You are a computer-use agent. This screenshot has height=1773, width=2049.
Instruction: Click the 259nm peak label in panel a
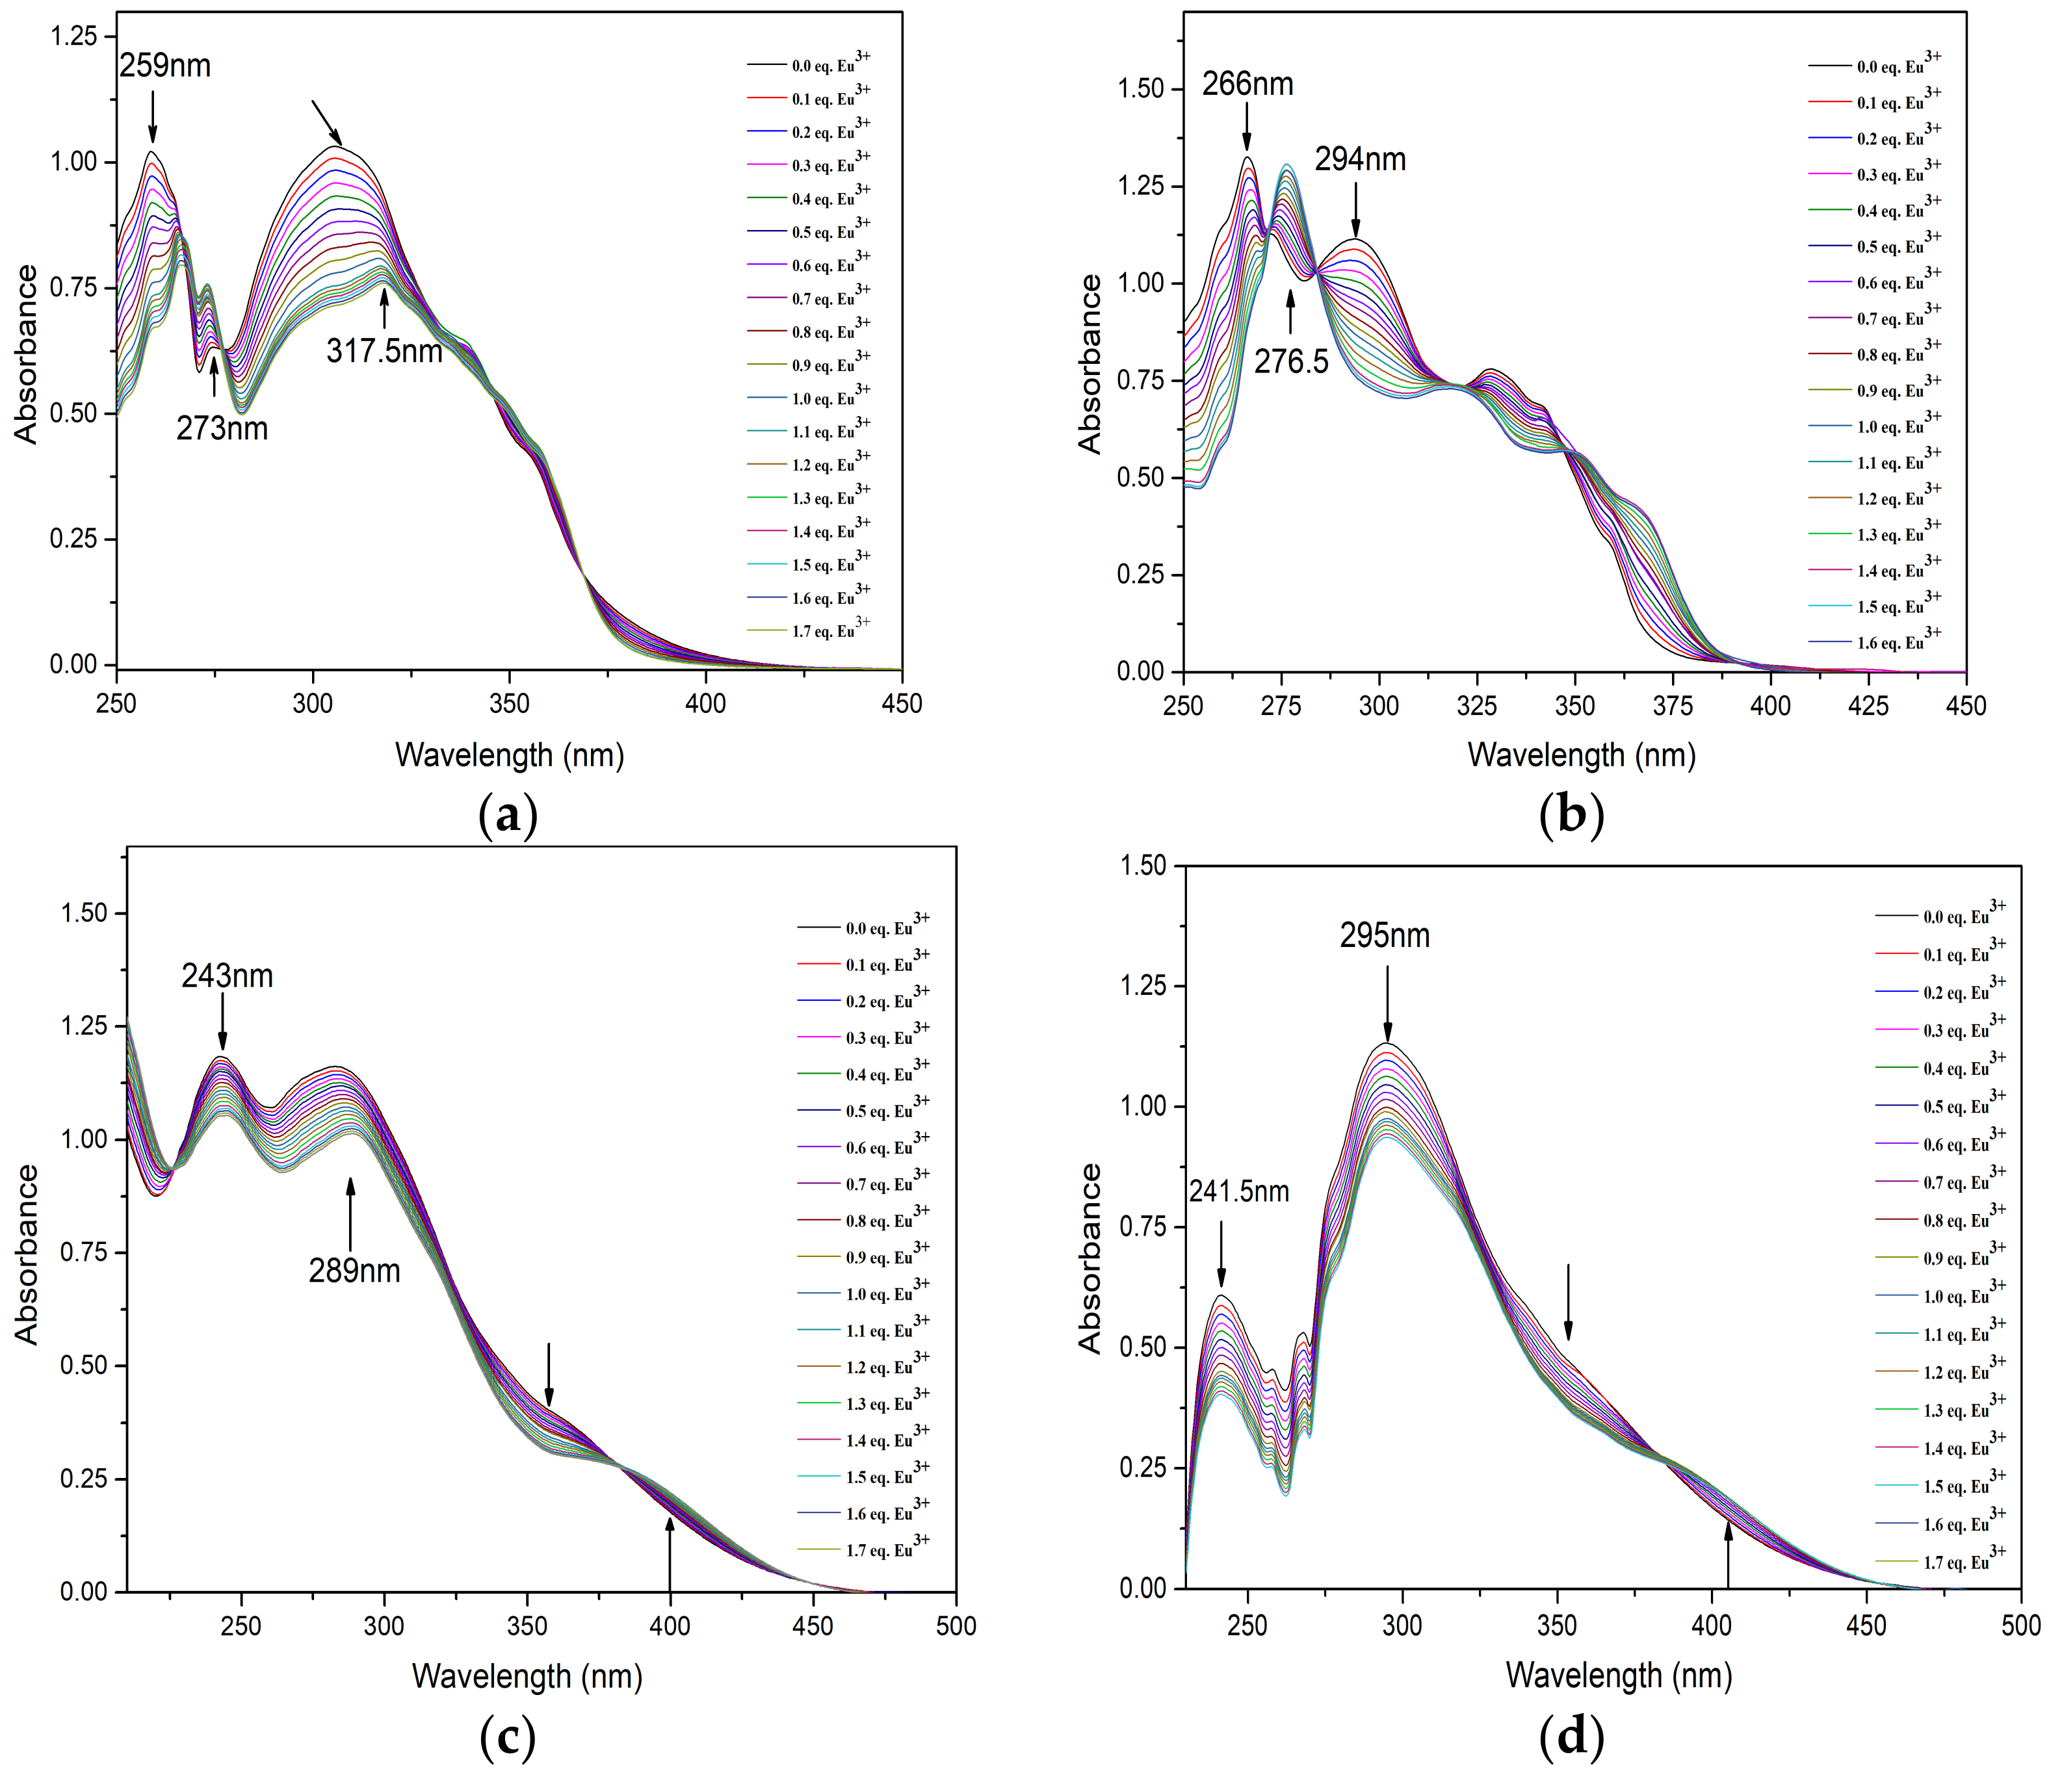(x=165, y=66)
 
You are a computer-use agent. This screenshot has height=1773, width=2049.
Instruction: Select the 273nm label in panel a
(x=222, y=428)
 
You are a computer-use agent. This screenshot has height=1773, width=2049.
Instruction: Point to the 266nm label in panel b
(x=1247, y=84)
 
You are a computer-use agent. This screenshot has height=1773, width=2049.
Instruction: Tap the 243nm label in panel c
(x=227, y=977)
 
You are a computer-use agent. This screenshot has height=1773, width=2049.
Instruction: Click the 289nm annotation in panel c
(x=354, y=1271)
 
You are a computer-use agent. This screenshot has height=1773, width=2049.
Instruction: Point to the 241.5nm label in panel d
(x=1239, y=1192)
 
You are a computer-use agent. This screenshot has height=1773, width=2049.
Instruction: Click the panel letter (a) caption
(x=508, y=817)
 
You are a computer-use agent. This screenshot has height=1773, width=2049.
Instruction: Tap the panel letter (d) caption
(x=1571, y=1737)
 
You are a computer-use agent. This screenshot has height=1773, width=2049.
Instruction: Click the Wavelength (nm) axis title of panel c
(x=527, y=1676)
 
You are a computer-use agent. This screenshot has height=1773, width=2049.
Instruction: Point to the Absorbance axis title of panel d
(x=1090, y=1258)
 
